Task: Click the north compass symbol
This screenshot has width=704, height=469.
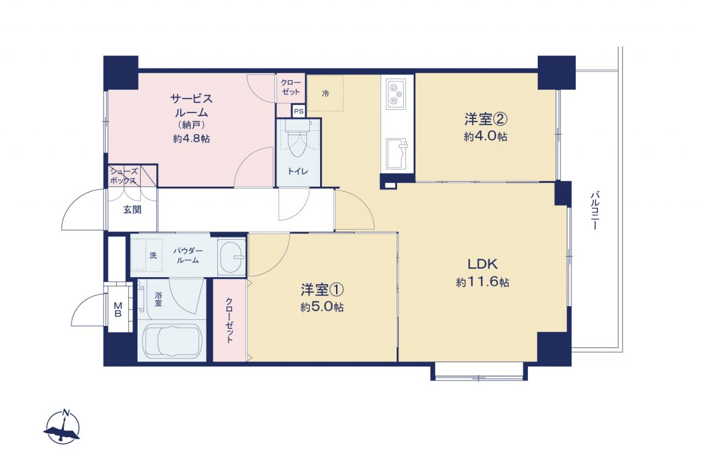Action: pos(62,427)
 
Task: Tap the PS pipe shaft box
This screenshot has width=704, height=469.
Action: pos(299,111)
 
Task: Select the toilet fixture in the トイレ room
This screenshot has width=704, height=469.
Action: pos(298,139)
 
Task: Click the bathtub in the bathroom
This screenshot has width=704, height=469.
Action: pos(172,341)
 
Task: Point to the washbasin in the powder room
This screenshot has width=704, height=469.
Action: pos(232,257)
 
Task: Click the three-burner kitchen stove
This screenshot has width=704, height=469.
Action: pos(395,93)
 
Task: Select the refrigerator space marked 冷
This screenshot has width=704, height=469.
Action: pos(325,93)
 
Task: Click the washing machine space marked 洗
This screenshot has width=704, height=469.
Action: pos(153,255)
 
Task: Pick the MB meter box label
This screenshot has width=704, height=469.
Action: pos(118,309)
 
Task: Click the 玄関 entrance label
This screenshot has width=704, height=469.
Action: pos(132,209)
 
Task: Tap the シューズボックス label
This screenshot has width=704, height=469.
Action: pos(124,176)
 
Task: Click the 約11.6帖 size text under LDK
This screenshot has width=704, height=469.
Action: pos(483,282)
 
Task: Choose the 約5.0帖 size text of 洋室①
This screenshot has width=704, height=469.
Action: pos(322,307)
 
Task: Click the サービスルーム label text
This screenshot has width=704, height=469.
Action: pos(191,106)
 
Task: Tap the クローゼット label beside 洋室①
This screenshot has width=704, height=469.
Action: pos(229,320)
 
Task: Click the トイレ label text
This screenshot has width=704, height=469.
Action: pos(298,171)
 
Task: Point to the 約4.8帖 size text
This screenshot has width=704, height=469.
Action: pos(191,139)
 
